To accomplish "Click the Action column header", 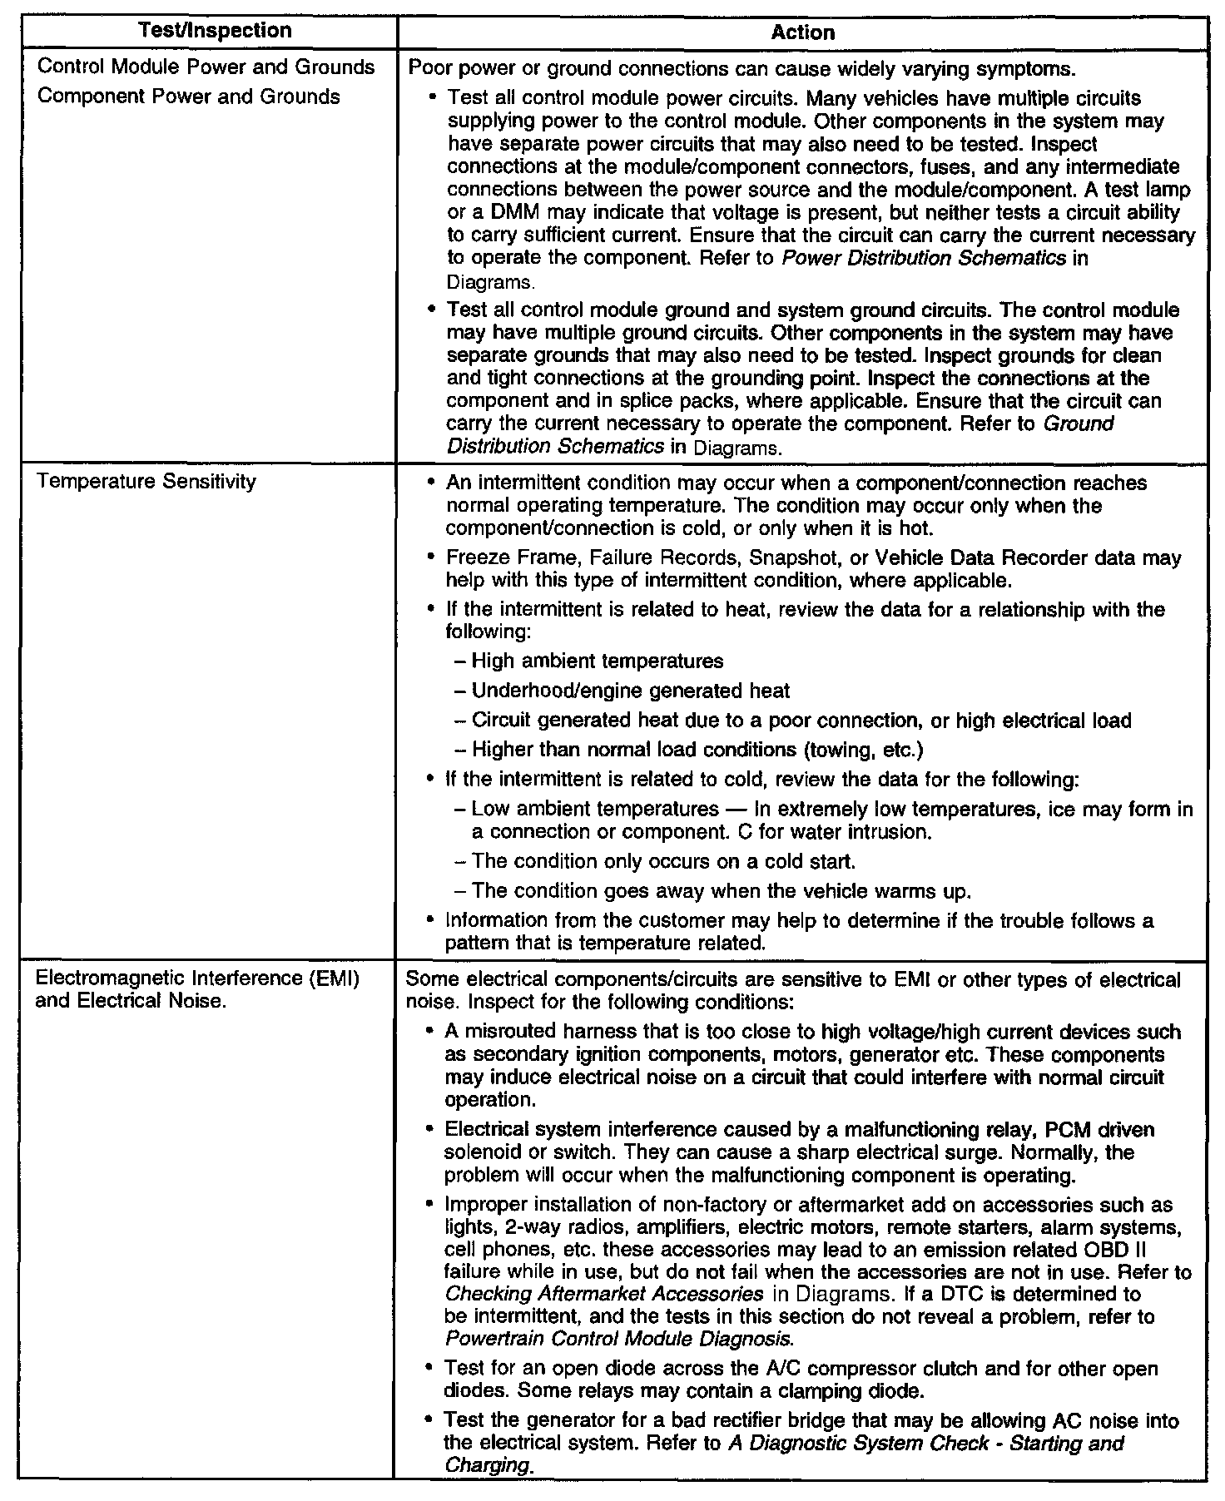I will click(802, 32).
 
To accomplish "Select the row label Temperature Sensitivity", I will click(147, 482).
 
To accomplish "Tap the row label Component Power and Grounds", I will click(189, 97).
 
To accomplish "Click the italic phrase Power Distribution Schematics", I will click(924, 258).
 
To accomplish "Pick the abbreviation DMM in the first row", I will click(513, 213).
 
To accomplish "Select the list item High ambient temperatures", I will click(597, 661).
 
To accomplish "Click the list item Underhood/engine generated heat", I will click(630, 691).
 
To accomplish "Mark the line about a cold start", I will click(663, 861).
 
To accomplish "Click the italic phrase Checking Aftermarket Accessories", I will click(604, 1295).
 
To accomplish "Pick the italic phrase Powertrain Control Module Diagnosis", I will click(616, 1340).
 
